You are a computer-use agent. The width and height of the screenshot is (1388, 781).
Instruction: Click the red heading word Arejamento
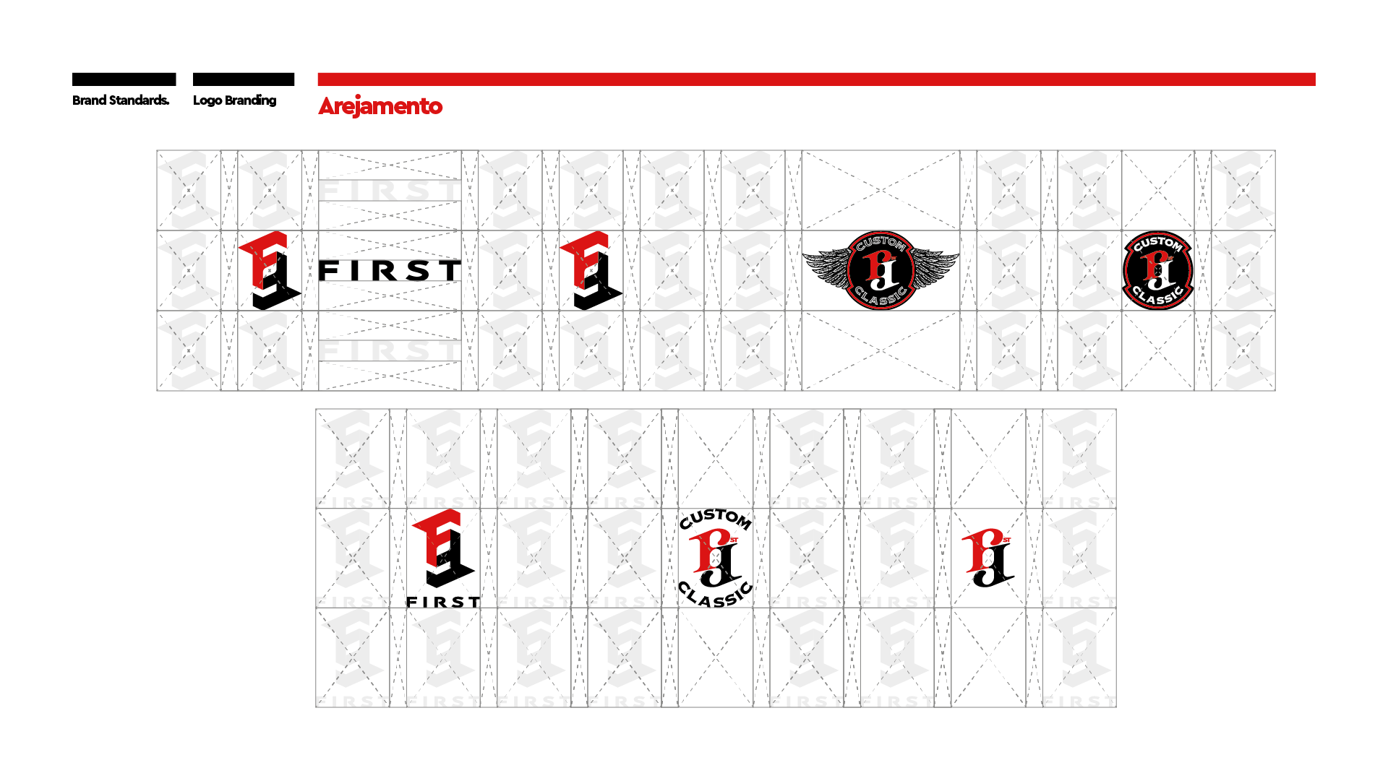380,106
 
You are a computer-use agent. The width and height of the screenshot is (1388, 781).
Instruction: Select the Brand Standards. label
121,100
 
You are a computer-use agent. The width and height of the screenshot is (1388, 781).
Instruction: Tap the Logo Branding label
234,100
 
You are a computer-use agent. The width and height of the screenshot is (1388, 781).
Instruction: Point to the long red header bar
815,79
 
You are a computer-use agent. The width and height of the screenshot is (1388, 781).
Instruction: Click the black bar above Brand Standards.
124,79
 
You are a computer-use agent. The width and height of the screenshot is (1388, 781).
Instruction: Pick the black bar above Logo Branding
244,79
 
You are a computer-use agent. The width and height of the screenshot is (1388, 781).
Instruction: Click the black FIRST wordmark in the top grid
390,271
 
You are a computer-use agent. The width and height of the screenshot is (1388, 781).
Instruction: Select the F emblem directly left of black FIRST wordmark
269,270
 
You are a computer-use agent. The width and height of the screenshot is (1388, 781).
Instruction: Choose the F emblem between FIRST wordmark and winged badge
590,270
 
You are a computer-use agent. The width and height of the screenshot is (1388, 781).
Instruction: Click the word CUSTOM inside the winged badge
881,243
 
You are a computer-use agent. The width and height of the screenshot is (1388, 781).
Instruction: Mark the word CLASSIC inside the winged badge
881,296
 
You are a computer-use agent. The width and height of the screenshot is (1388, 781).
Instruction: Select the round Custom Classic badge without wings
1157,270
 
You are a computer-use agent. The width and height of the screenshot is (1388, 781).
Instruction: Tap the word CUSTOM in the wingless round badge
1157,244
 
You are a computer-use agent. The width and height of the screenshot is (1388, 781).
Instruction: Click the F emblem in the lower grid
442,549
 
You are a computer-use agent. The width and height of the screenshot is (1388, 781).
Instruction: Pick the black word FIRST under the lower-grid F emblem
442,602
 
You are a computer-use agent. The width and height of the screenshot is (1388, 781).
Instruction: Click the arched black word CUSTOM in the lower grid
715,518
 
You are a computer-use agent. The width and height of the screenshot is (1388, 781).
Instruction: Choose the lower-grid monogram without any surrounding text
988,557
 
